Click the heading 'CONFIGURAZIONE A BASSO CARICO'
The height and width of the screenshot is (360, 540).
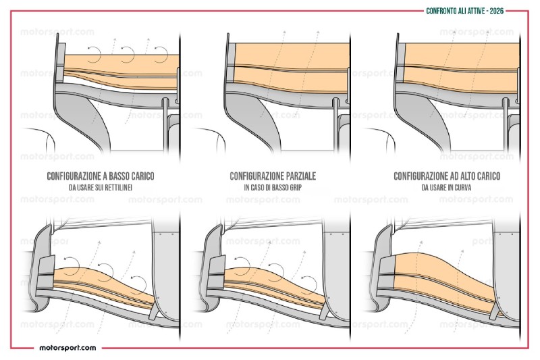(101, 176)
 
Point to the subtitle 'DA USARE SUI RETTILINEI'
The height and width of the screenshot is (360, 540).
(101, 187)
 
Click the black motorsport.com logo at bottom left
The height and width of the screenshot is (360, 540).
(67, 348)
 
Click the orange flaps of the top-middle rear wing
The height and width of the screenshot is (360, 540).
(283, 61)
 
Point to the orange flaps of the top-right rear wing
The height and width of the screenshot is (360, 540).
(452, 61)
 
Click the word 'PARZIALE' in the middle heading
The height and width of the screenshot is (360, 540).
(298, 176)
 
